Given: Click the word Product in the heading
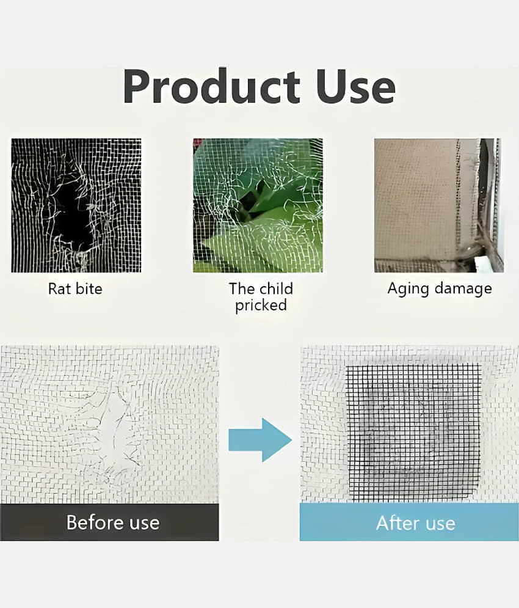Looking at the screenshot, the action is click(212, 86).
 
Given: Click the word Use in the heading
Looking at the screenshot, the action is click(355, 87).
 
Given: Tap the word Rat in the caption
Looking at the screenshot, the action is click(59, 289).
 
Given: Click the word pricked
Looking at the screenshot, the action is click(261, 305).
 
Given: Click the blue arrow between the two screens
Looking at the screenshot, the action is click(260, 440).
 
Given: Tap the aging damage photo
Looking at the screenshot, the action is click(439, 205).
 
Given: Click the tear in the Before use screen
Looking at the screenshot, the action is click(114, 425).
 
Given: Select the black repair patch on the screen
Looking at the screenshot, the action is click(413, 433).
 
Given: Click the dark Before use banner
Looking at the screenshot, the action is click(109, 522).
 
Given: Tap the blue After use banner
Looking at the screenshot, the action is click(409, 522).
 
